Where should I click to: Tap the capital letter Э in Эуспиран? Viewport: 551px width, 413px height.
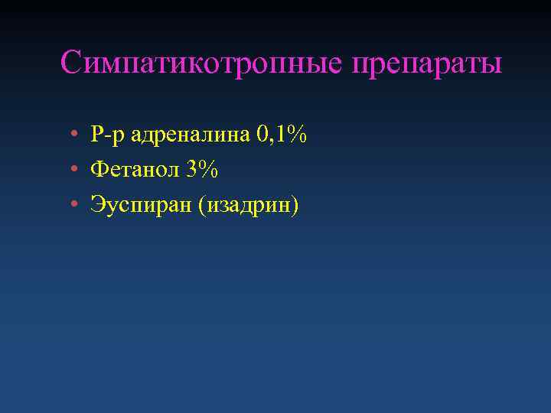tap(96, 205)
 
